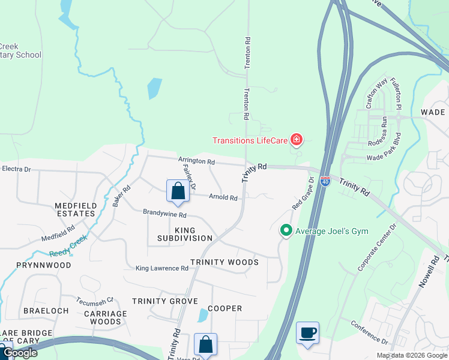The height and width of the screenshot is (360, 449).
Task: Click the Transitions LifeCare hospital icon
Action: [296, 140]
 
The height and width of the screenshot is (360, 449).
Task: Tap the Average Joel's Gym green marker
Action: [286, 230]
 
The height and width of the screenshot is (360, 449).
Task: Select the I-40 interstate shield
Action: [325, 180]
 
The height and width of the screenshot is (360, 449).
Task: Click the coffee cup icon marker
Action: [307, 333]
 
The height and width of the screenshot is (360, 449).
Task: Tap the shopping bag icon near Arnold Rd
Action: [178, 191]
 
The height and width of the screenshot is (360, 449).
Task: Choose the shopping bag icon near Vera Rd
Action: [205, 344]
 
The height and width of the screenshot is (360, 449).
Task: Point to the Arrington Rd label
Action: [196, 161]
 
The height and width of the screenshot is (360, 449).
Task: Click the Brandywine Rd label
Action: [164, 214]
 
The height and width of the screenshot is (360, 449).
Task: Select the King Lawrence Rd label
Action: [162, 268]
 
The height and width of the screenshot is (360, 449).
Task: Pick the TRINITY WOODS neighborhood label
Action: [224, 262]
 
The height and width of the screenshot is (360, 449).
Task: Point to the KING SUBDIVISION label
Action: [185, 234]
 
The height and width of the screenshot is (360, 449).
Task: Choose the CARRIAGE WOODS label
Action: [105, 317]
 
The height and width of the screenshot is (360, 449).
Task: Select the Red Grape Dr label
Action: [303, 193]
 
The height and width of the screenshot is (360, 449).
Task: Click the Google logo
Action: [20, 353]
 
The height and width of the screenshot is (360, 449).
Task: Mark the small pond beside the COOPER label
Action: [203, 315]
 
